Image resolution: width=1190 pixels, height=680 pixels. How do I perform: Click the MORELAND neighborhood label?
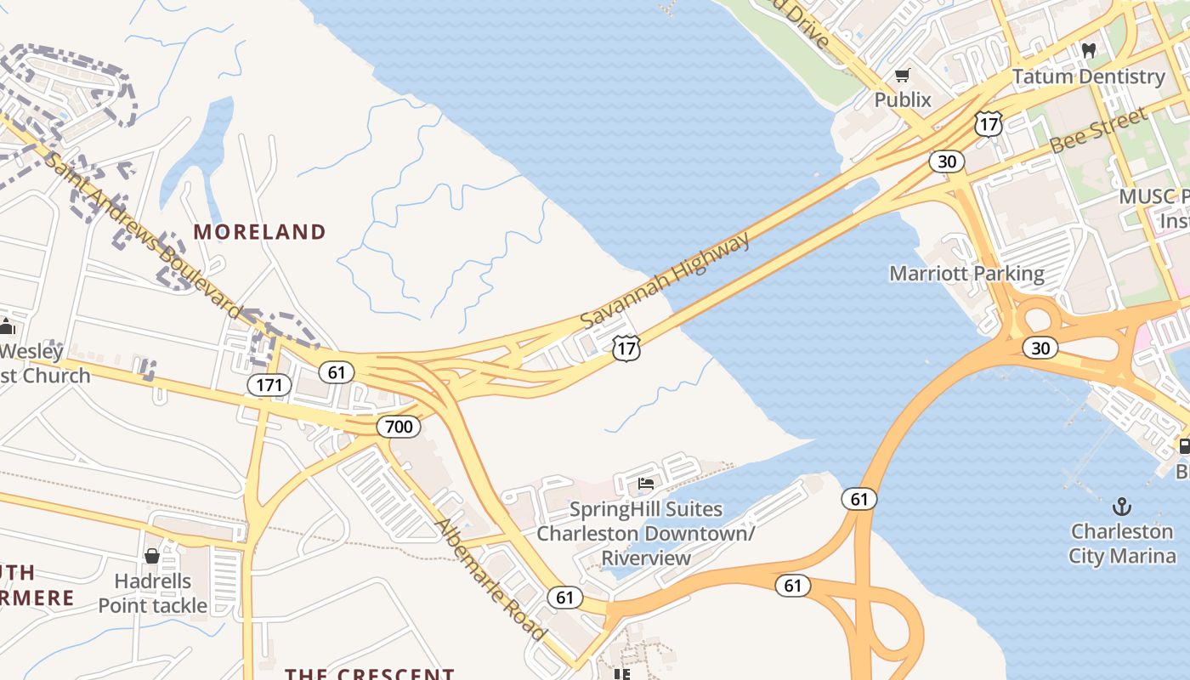(x=259, y=232)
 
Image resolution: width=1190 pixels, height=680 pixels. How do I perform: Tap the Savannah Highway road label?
(x=666, y=280)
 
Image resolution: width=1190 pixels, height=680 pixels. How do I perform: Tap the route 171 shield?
(x=269, y=385)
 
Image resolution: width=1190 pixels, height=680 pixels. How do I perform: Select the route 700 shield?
(x=399, y=426)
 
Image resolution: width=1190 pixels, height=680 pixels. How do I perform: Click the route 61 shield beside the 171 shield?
(x=337, y=371)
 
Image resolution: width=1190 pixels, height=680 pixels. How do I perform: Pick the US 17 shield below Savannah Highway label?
(x=626, y=347)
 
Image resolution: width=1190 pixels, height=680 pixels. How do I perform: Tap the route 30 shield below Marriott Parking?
(x=1040, y=347)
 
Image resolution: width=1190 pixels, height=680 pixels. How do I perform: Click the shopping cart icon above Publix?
(x=903, y=76)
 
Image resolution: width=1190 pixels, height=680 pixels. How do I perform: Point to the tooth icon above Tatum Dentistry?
(x=1088, y=51)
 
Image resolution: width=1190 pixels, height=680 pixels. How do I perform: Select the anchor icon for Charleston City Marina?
(x=1123, y=507)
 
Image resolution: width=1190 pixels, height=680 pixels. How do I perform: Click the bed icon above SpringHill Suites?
(x=646, y=484)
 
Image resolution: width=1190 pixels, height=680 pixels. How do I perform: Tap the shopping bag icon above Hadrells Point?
(x=152, y=556)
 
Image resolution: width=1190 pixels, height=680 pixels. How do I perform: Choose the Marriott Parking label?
(x=966, y=274)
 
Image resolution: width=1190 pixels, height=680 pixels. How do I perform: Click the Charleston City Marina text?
(x=1122, y=544)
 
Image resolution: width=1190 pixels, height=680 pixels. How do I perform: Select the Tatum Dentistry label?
(x=1088, y=76)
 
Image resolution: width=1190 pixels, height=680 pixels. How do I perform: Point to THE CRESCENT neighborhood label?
(x=369, y=674)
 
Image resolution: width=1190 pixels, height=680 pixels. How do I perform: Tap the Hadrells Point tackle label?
(x=153, y=593)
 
